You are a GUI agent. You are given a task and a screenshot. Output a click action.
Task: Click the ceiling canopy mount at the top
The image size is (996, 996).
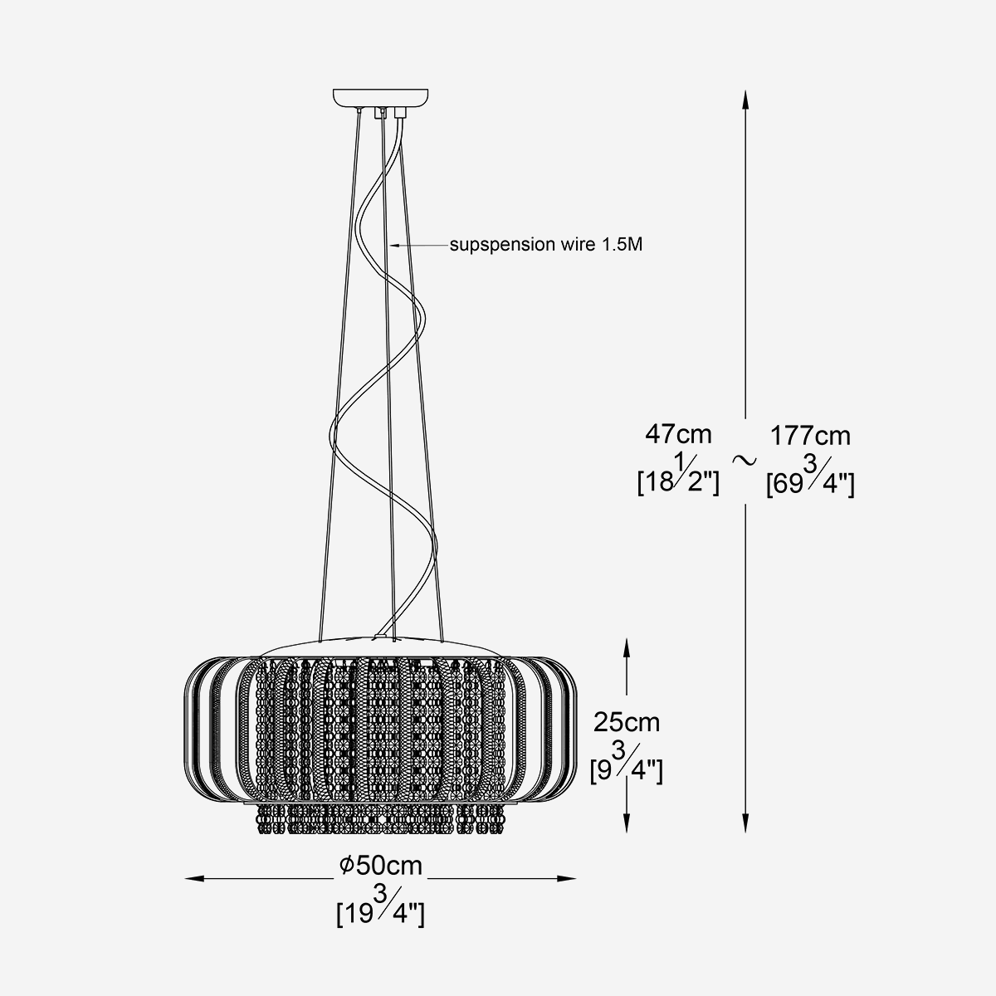[x=381, y=98]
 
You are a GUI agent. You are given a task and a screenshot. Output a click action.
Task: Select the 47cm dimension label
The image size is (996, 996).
[x=678, y=434]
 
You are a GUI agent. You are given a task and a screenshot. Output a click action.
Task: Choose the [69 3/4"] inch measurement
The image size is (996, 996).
[x=810, y=479]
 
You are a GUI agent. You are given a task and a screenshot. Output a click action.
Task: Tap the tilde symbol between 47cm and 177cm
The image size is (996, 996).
[x=745, y=457]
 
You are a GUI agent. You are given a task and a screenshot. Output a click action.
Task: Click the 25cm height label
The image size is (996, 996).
[x=627, y=722]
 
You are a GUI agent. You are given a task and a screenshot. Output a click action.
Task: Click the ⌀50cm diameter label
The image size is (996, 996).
[x=380, y=866]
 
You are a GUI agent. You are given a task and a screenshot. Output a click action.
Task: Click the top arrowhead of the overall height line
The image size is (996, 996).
[x=745, y=100]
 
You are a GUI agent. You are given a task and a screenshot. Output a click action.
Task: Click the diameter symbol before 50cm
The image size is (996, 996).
[x=347, y=867]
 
